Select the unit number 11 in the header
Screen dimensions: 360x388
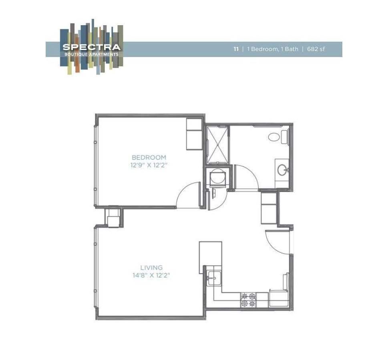click(x=236, y=49)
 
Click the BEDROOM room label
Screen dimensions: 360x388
click(x=149, y=158)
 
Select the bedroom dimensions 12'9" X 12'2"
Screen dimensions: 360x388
click(x=149, y=165)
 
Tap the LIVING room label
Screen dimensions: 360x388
click(x=151, y=268)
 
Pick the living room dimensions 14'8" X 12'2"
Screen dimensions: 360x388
click(x=151, y=275)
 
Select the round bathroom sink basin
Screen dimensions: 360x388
click(x=282, y=170)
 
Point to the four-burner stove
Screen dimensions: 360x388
click(x=248, y=300)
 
